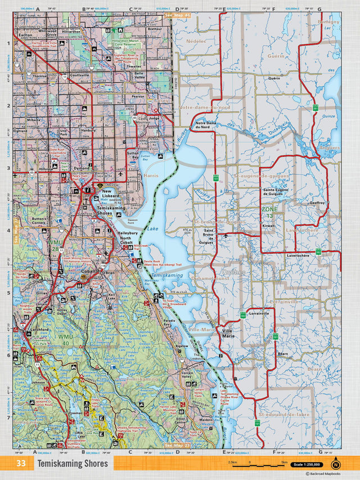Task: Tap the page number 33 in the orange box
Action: point(21,464)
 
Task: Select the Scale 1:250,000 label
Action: point(308,464)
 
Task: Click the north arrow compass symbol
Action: point(336,464)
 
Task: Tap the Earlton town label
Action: point(25,35)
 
